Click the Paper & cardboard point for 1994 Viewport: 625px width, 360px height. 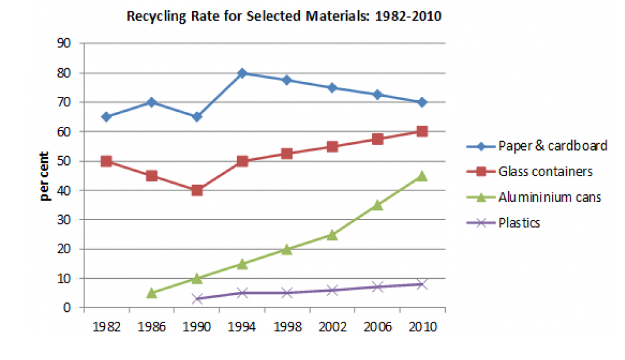[x=242, y=73]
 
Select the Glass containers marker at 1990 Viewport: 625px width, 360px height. [x=197, y=190]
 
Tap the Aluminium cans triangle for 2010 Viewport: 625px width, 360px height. [x=422, y=176]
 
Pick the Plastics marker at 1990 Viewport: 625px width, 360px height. [x=197, y=299]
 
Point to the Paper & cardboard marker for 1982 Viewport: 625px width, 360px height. [x=106, y=117]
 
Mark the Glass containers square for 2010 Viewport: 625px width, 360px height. [x=422, y=131]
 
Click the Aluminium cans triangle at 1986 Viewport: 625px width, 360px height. [x=152, y=292]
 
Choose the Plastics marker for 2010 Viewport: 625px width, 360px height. [x=422, y=284]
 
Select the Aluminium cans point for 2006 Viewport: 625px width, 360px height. [x=377, y=205]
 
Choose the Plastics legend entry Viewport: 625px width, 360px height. [x=519, y=222]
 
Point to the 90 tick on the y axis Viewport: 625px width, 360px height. [x=64, y=44]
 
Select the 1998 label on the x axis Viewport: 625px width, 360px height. [x=287, y=327]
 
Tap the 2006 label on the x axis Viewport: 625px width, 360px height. [x=377, y=327]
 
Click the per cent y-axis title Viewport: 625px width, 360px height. [x=46, y=176]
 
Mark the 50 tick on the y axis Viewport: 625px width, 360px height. [x=64, y=161]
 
